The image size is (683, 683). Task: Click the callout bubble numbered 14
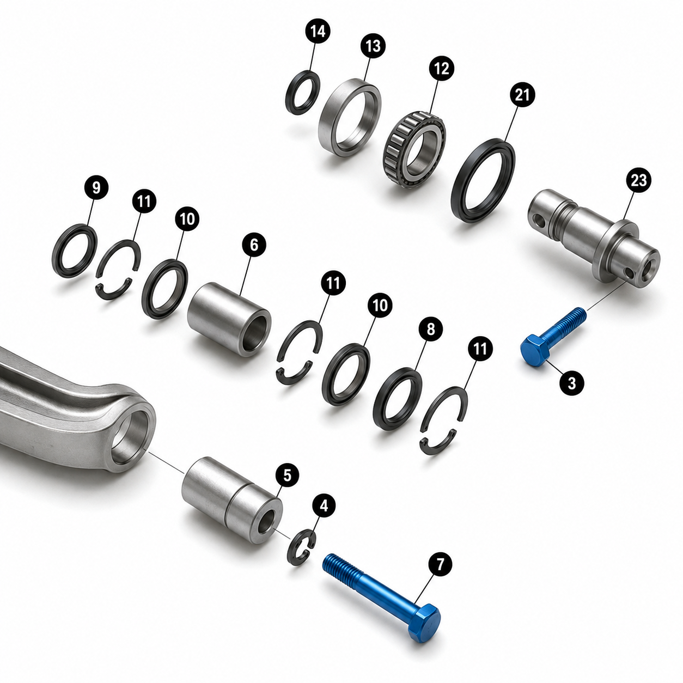click(x=318, y=32)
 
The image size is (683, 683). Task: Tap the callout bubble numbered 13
click(x=373, y=46)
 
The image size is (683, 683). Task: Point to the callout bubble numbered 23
click(x=638, y=180)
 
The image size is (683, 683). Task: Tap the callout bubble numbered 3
click(x=572, y=383)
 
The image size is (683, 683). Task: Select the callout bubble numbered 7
click(x=440, y=564)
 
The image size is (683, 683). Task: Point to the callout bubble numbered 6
click(x=254, y=245)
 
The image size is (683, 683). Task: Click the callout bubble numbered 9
click(x=96, y=187)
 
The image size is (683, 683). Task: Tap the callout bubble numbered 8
click(x=430, y=330)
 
